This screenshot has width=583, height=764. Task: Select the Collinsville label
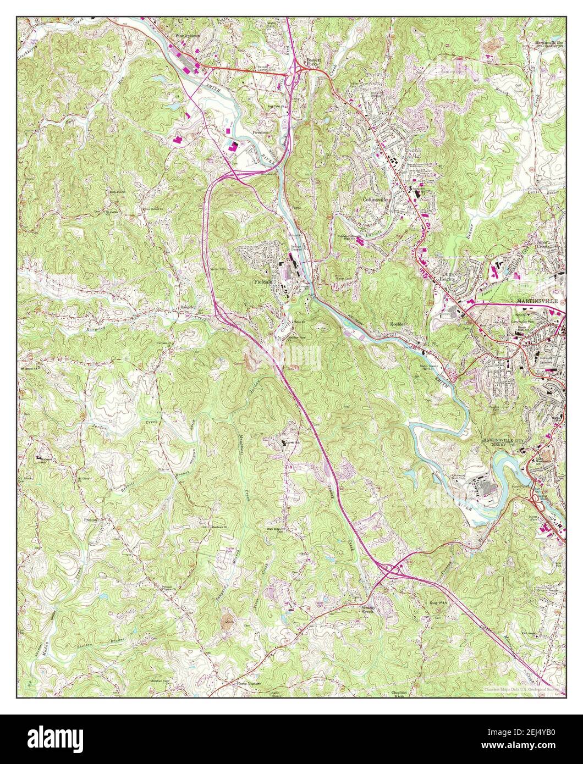pos(376,200)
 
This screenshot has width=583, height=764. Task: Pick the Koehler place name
pos(398,324)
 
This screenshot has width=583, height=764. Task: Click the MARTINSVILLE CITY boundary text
pos(505,441)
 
